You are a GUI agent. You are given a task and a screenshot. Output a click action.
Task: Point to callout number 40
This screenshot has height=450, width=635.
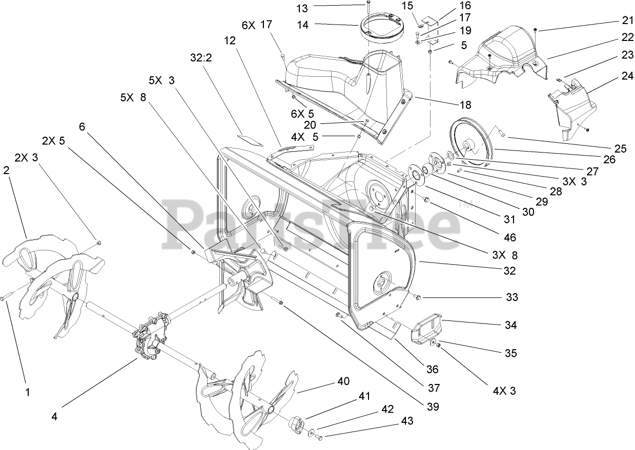coord(343,381)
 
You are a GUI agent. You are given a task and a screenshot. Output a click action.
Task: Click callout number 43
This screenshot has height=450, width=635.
coord(407,421)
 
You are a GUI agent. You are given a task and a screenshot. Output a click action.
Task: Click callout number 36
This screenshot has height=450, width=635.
coord(432,369)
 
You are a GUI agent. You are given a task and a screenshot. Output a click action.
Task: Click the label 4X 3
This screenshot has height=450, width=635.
coord(504,392)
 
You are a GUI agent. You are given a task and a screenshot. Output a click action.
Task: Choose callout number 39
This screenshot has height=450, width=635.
coord(433,407)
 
